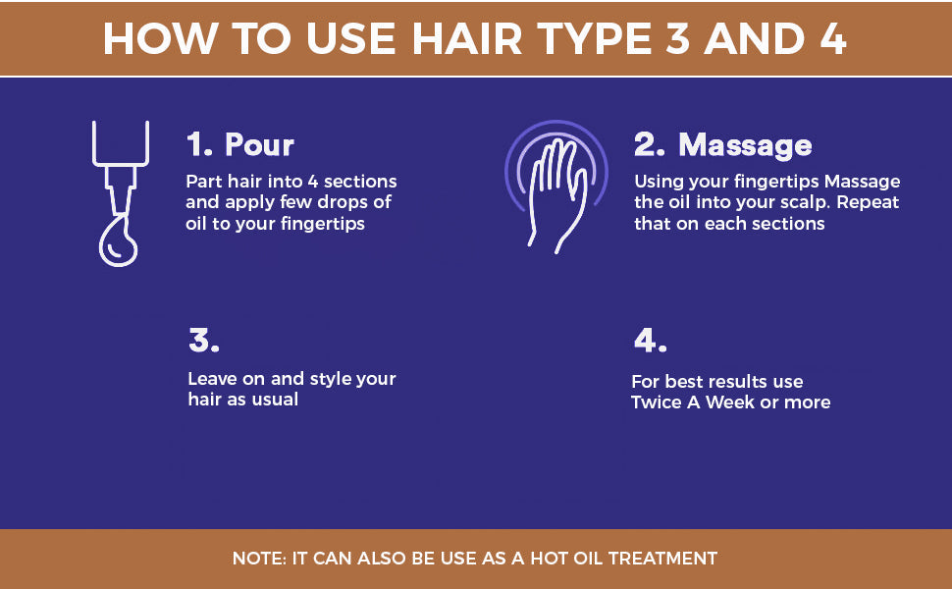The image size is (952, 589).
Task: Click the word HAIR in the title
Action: point(467,39)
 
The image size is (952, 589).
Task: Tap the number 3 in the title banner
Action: point(677,39)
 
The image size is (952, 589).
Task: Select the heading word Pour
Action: point(259,144)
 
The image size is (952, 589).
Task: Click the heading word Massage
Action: point(745,145)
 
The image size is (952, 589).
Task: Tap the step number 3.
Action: point(203,340)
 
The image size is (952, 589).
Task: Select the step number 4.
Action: point(651,340)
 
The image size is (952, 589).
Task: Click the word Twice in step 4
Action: point(657,402)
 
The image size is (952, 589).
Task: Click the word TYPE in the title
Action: point(594,39)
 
